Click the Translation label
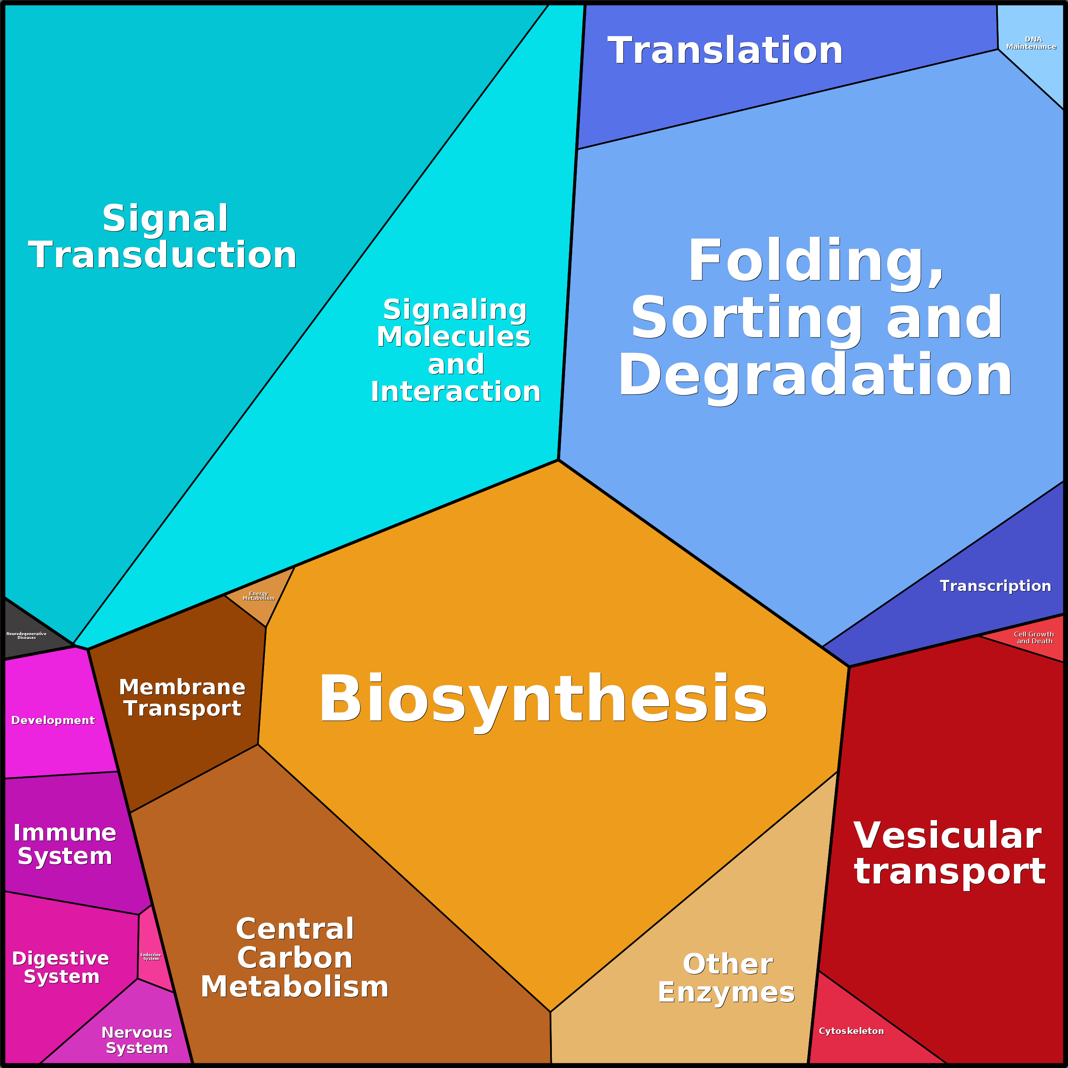pyautogui.click(x=725, y=51)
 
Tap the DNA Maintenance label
pyautogui.click(x=1031, y=43)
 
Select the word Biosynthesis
pyautogui.click(x=543, y=699)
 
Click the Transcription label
pyautogui.click(x=995, y=586)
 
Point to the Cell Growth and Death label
pyautogui.click(x=1034, y=638)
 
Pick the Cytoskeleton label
pyautogui.click(x=851, y=1031)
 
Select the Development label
pyautogui.click(x=53, y=720)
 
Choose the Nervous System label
pyautogui.click(x=137, y=1040)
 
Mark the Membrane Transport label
pyautogui.click(x=182, y=698)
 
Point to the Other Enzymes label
pyautogui.click(x=726, y=978)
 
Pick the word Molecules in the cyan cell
pyautogui.click(x=453, y=337)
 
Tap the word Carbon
pyautogui.click(x=295, y=958)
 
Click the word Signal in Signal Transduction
pyautogui.click(x=165, y=219)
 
